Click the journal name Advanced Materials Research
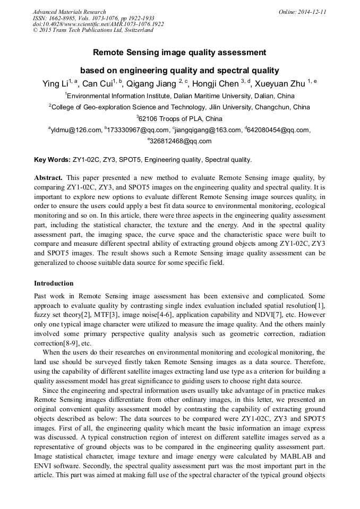pyautogui.click(x=69, y=12)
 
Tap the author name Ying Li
pyautogui.click(x=55, y=84)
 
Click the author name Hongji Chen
pyautogui.click(x=217, y=84)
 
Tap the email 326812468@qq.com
pyautogui.click(x=180, y=141)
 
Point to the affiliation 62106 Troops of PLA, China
pyautogui.click(x=181, y=118)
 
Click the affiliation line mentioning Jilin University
pyautogui.click(x=181, y=107)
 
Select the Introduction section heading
pyautogui.click(x=54, y=283)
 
